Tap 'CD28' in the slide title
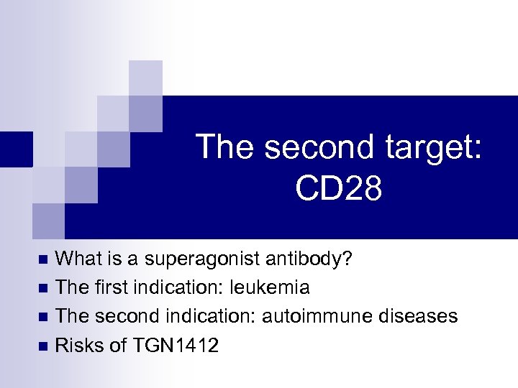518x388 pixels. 338,189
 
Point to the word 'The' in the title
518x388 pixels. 225,147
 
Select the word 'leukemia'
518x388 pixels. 270,288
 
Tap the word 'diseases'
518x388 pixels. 416,317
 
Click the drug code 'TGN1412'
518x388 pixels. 176,346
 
